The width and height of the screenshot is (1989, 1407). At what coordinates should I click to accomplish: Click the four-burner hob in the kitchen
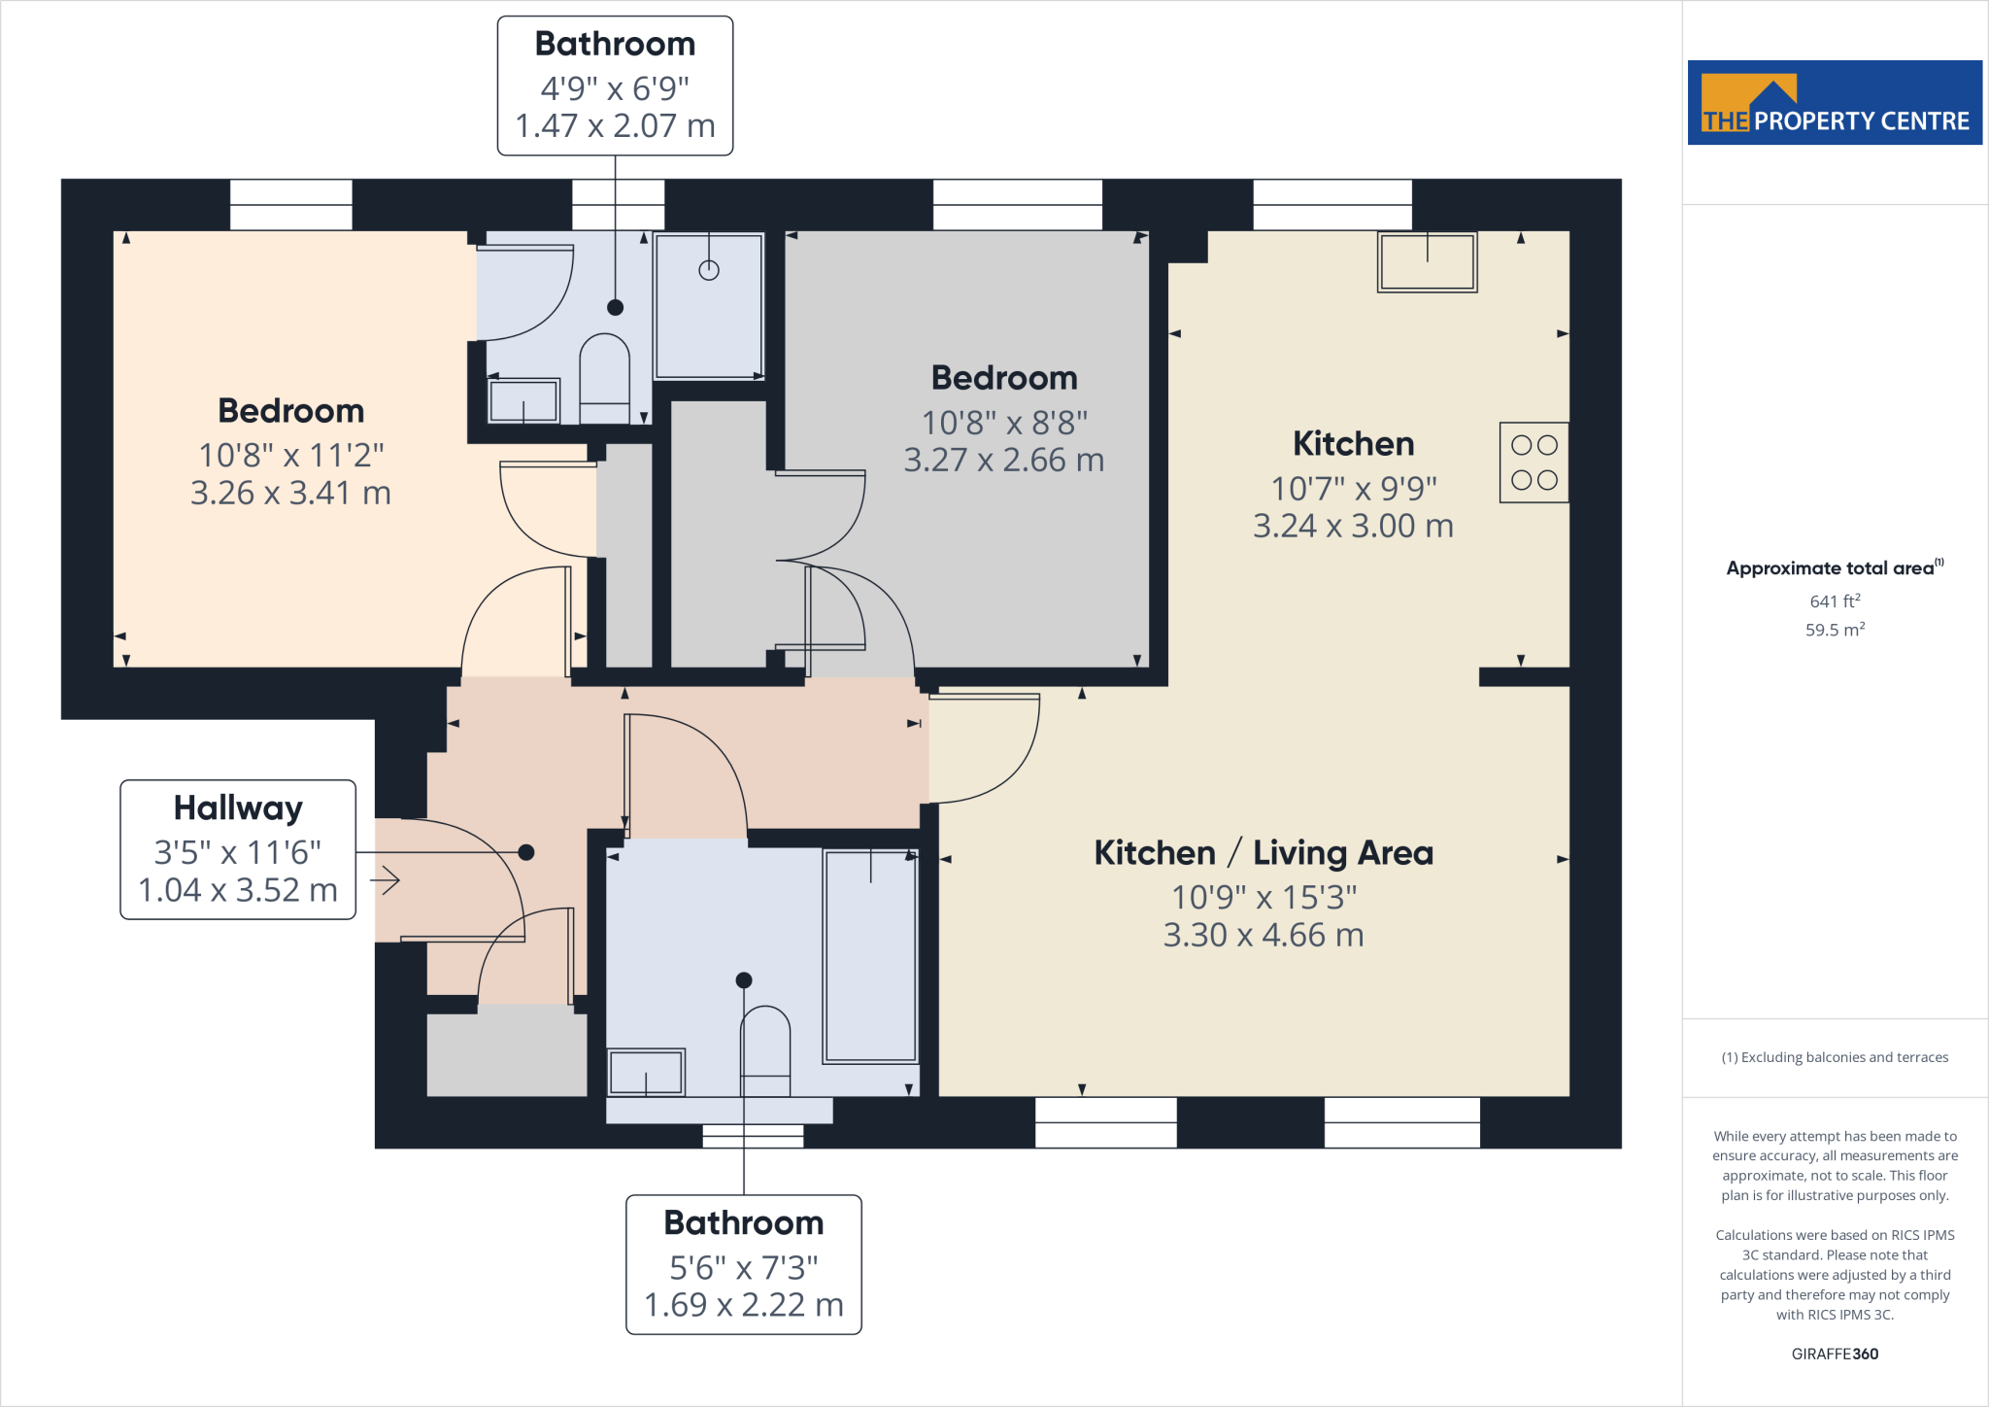tap(1534, 463)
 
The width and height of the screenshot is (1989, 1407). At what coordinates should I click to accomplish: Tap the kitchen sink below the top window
tap(1427, 262)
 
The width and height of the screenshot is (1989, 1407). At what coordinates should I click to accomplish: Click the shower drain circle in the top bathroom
tap(709, 270)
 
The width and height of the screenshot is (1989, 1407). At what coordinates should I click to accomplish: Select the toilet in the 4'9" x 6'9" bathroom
tap(604, 379)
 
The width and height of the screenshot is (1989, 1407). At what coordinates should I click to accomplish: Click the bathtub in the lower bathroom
tap(870, 956)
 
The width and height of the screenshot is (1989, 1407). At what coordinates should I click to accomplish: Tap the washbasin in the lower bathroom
tap(646, 1073)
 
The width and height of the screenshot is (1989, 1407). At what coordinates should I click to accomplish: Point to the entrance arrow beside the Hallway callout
tap(386, 880)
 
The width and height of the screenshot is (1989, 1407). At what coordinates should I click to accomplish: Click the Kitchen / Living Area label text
tap(1263, 853)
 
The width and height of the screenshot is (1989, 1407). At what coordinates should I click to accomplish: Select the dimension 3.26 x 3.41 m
tap(290, 494)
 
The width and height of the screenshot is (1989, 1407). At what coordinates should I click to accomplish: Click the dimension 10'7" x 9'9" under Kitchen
tap(1353, 488)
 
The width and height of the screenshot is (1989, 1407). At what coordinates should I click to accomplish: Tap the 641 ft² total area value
tap(1834, 601)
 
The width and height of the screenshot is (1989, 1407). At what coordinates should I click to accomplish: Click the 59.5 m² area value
tap(1834, 630)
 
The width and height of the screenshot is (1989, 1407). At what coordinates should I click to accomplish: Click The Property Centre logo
tap(1834, 103)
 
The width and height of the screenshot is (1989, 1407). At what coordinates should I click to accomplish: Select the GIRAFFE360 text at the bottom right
tap(1834, 1354)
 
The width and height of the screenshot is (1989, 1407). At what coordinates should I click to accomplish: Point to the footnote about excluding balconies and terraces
tap(1834, 1057)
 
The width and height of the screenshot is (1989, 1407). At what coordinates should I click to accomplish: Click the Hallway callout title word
tap(238, 808)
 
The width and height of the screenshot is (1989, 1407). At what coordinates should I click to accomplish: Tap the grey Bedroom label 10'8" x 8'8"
tap(1004, 422)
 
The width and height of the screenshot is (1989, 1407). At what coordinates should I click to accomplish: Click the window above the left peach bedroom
tap(290, 204)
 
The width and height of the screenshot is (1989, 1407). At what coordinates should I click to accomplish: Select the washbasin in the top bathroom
tap(523, 400)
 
